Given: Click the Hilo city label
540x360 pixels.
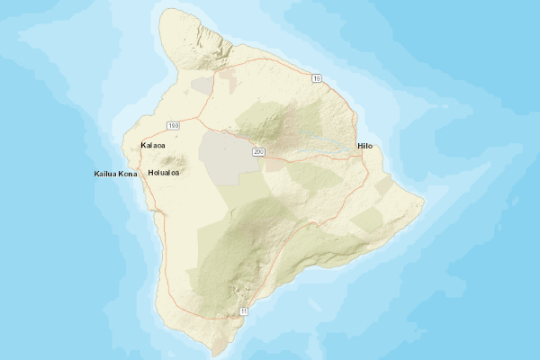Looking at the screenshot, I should click(364, 146).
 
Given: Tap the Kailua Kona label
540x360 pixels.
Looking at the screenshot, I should click(115, 173).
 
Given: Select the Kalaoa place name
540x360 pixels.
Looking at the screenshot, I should click(153, 145).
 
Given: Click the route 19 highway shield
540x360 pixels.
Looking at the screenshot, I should click(316, 79).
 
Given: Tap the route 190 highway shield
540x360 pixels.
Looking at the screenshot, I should click(173, 125).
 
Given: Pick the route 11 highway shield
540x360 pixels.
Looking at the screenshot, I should click(243, 310).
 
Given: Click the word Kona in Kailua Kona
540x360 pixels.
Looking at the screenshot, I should click(126, 173).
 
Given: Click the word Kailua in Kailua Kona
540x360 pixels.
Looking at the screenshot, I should click(106, 173).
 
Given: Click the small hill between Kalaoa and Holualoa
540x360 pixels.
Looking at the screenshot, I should click(170, 160).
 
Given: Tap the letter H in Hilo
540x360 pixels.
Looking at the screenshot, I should click(359, 146).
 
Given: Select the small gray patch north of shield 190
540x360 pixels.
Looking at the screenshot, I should click(202, 85).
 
